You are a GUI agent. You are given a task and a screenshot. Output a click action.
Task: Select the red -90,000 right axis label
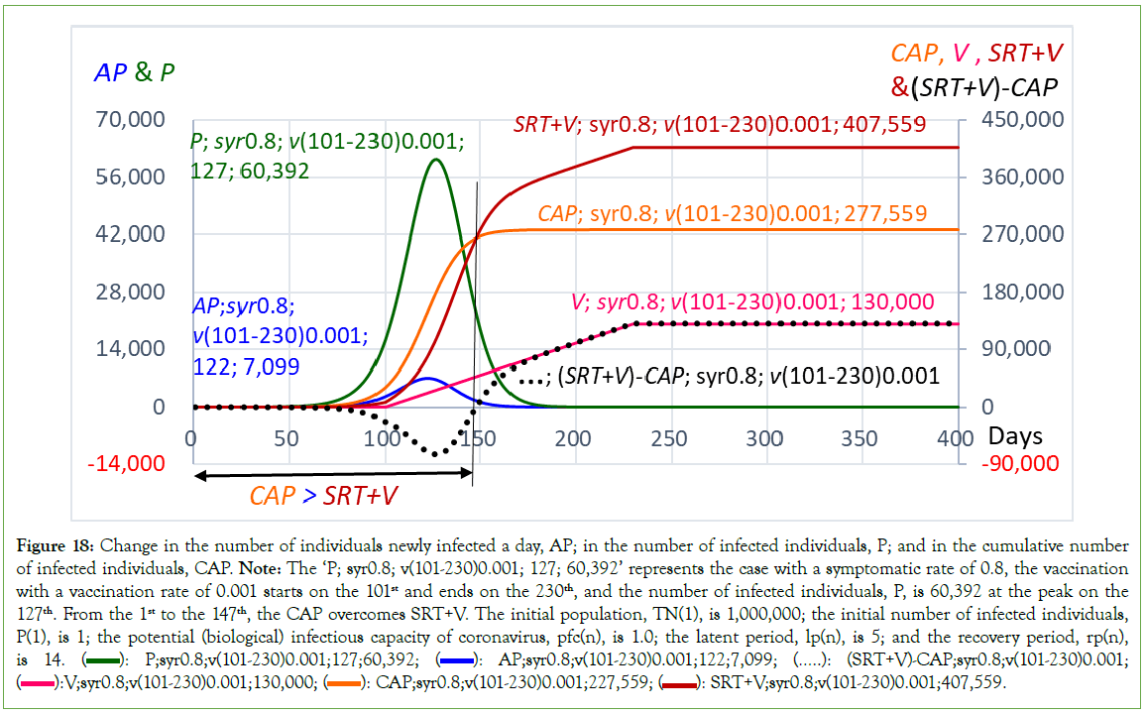click(1020, 464)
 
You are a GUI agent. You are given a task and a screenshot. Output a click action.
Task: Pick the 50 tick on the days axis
click(286, 437)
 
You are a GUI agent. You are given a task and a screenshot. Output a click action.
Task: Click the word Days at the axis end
click(1018, 437)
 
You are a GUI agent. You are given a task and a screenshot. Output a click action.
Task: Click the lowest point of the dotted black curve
click(434, 455)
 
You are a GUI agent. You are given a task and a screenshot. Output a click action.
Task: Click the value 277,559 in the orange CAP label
click(880, 213)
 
